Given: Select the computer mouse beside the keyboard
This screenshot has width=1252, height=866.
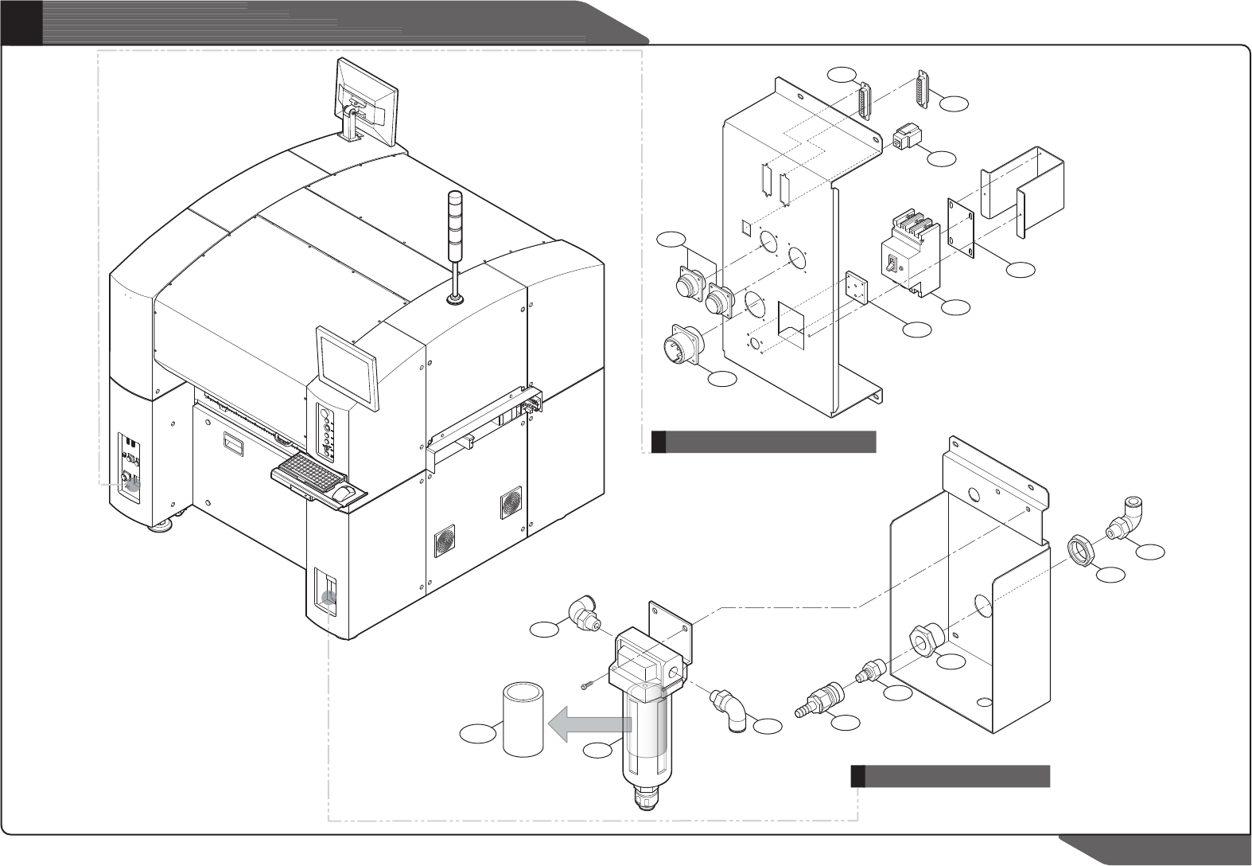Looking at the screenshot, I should [344, 494].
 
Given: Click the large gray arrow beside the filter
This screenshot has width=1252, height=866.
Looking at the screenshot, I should [589, 725].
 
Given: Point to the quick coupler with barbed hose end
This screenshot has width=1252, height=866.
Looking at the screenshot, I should [815, 700].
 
